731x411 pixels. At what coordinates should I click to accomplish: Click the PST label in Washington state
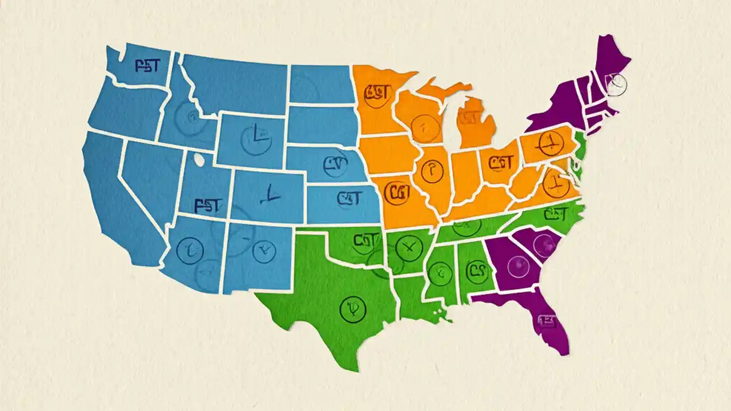[x=147, y=66]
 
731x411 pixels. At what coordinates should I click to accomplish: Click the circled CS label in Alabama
[x=476, y=269]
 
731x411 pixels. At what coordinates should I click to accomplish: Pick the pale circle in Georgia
[x=519, y=264]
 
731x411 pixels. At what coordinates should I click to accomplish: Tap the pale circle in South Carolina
[x=544, y=244]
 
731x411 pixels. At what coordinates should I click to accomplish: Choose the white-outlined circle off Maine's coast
[x=616, y=84]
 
